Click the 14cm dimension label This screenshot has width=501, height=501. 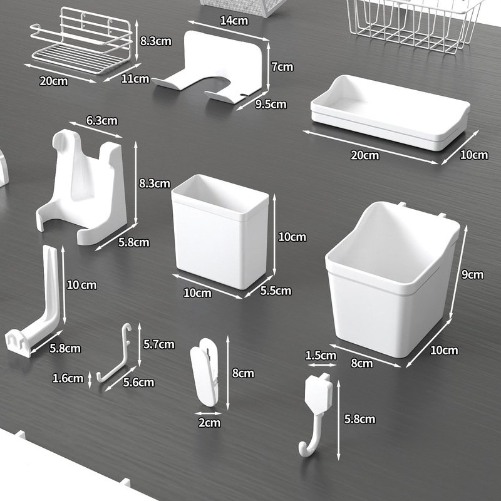click(x=234, y=21)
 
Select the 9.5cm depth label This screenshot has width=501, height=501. click(x=271, y=104)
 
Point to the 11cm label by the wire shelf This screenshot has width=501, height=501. click(x=136, y=78)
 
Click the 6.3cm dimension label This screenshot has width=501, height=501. click(x=101, y=120)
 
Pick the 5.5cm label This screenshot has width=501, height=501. click(x=276, y=291)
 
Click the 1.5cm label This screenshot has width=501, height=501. click(x=320, y=356)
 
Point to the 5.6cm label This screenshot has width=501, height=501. click(x=137, y=382)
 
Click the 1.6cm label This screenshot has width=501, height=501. click(x=68, y=378)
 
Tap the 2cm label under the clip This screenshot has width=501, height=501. click(x=209, y=422)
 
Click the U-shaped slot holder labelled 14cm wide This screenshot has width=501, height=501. click(x=213, y=69)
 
